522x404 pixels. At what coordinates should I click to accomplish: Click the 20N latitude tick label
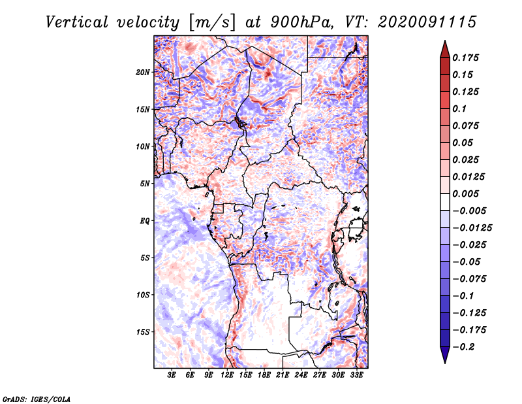coord(143,73)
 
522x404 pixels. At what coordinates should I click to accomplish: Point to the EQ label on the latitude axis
coord(144,221)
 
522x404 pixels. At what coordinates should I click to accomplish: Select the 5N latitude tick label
coord(145,184)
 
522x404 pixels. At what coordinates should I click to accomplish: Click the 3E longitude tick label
coord(172,375)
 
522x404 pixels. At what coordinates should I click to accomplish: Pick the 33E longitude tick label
coord(356,375)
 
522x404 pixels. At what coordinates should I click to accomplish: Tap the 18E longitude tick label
coord(264,375)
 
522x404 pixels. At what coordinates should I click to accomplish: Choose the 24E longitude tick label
coord(301,375)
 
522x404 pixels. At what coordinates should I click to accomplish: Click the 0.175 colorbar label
coord(465,58)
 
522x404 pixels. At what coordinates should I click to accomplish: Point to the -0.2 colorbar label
coord(463,347)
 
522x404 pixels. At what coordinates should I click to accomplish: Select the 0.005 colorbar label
coord(465,194)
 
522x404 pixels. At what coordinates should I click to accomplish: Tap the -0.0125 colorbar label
coord(472,228)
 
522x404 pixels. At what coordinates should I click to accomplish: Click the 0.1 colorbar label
coord(459,109)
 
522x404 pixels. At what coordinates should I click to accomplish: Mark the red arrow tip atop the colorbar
coord(445,41)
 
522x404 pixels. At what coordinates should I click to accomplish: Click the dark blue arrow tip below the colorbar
coord(445,363)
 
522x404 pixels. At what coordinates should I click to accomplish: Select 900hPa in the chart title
coord(301,22)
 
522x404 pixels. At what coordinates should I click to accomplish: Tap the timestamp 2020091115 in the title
coord(427,22)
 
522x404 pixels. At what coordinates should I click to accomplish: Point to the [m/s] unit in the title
coord(211,23)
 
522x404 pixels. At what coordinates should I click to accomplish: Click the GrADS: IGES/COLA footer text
coord(37,399)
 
